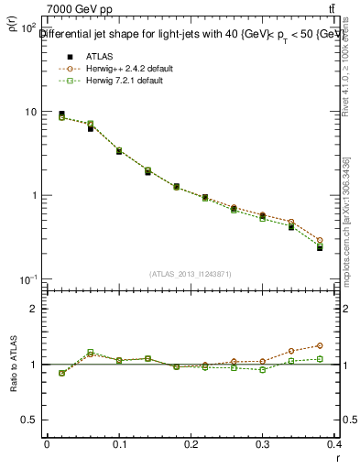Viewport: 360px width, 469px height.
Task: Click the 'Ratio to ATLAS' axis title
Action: [13, 365]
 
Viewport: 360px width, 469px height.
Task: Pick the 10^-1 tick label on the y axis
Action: [27, 279]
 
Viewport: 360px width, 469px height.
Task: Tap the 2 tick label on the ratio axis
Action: [33, 309]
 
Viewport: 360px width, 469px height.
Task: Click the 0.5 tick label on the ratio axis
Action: [29, 420]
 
